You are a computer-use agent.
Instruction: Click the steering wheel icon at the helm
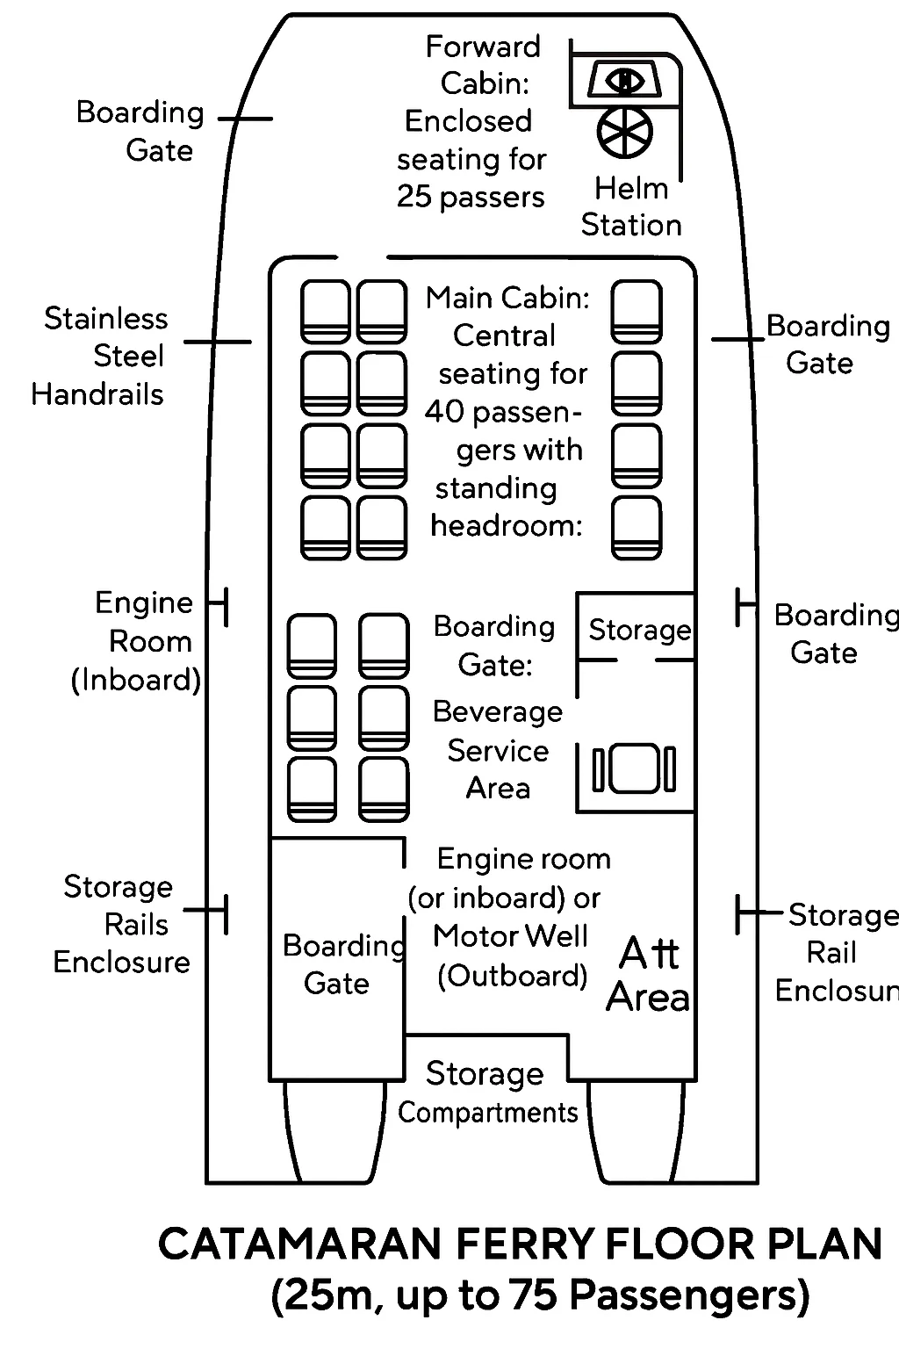click(625, 132)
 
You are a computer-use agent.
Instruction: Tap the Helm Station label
click(631, 207)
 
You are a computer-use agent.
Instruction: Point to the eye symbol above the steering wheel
click(625, 81)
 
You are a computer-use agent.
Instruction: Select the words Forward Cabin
click(484, 65)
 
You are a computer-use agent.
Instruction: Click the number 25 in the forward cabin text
click(414, 197)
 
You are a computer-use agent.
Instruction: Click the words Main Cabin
click(507, 299)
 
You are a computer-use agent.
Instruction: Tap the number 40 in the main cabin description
click(444, 412)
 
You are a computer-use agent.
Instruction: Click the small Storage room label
click(639, 630)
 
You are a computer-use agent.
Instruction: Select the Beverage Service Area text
click(498, 750)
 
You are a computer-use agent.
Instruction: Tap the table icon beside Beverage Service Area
click(635, 768)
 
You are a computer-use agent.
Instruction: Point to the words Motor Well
click(510, 936)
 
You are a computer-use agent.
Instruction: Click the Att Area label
click(649, 975)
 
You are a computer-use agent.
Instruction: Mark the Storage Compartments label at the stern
click(486, 1093)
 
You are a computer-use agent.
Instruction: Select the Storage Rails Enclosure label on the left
click(120, 925)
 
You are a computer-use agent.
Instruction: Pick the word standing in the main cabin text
click(496, 488)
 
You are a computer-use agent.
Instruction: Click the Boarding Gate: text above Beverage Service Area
click(494, 646)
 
